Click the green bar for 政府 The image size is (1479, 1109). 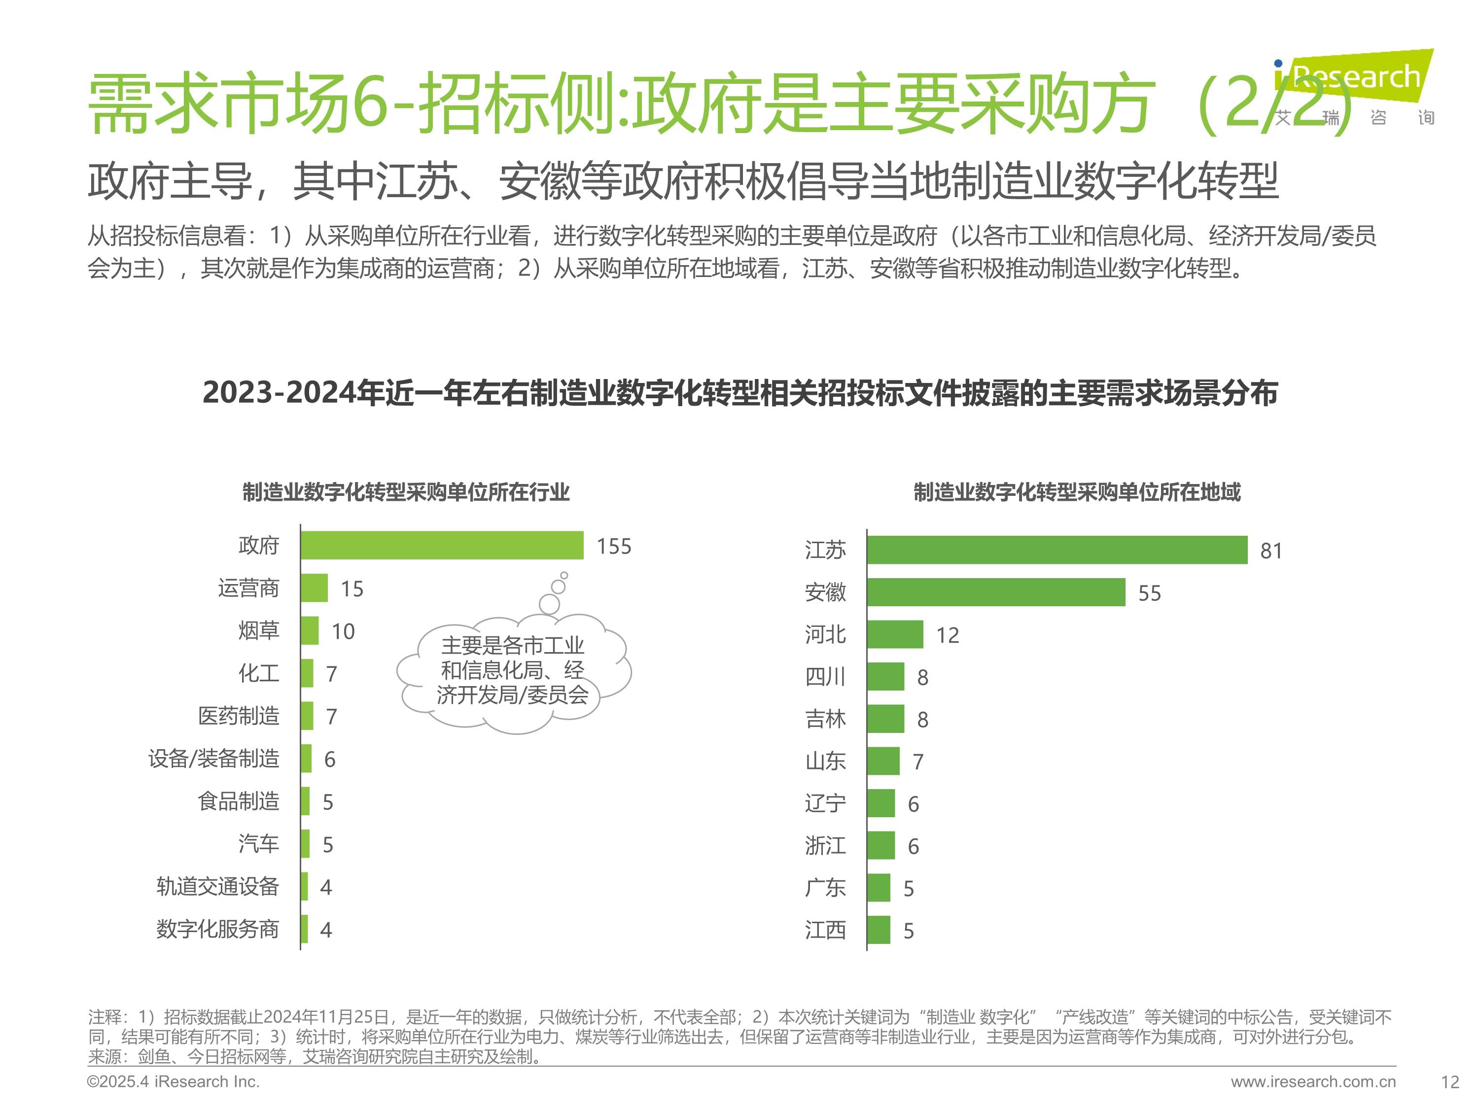[x=441, y=546]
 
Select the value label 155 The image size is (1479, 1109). [x=613, y=547]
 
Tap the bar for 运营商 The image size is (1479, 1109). [x=314, y=588]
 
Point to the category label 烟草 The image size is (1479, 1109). [x=259, y=630]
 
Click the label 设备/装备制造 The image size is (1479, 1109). [x=214, y=759]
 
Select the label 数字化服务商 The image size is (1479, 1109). [x=218, y=929]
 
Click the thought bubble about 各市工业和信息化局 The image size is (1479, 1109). [x=513, y=670]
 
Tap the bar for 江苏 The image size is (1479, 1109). [x=1056, y=550]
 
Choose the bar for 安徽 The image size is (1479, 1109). [x=996, y=592]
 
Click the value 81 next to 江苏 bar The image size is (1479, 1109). [x=1270, y=551]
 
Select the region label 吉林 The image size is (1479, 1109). [x=825, y=719]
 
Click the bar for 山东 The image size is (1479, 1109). [x=883, y=762]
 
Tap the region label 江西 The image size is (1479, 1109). [x=825, y=931]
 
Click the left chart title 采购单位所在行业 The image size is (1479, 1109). [x=406, y=493]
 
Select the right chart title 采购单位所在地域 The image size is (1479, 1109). [x=1077, y=493]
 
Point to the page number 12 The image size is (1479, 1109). [x=1449, y=1082]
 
